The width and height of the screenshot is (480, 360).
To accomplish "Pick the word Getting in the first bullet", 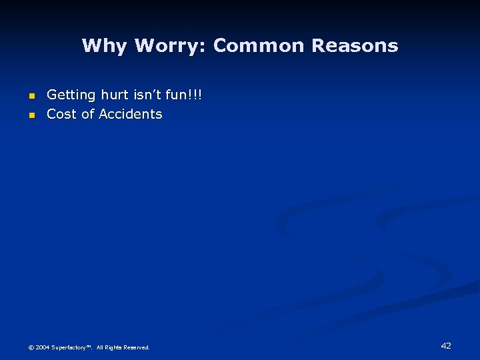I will point(71,95).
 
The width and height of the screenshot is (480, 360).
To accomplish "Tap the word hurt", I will point(115,95).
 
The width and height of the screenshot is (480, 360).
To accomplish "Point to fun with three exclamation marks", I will point(186,95).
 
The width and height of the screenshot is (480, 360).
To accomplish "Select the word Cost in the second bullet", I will point(61,114).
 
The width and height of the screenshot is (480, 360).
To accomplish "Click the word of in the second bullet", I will point(87,114).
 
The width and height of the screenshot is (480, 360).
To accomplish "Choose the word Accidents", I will point(131,114).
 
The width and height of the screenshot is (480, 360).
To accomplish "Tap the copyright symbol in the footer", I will point(31,347).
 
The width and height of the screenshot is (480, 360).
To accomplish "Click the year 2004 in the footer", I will point(42,347).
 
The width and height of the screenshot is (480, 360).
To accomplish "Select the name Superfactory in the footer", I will point(70,347).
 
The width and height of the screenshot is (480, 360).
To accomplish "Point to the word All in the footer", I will point(100,347).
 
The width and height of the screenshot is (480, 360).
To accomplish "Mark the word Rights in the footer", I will point(113,347).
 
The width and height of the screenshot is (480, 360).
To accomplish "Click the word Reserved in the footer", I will point(137,347).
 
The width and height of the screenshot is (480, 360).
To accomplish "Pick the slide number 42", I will point(446,345).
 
